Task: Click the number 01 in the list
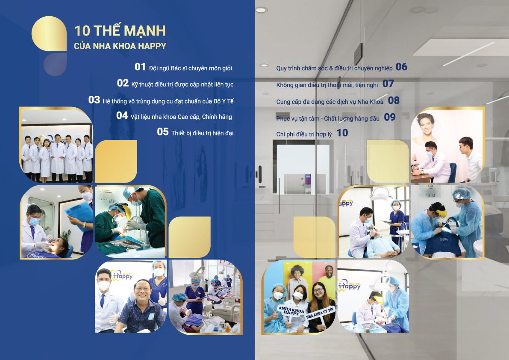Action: click(140, 67)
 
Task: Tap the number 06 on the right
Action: click(401, 67)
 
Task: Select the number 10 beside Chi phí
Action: click(342, 133)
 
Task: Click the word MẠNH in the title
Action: click(145, 31)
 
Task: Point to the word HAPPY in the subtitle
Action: click(152, 46)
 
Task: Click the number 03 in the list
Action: click(94, 100)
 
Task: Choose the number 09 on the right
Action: click(389, 117)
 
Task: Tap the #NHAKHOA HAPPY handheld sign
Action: click(291, 311)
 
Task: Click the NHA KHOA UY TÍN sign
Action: click(320, 313)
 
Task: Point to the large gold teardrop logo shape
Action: click(49, 34)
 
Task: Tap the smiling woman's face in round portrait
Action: click(425, 125)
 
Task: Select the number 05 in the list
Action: click(163, 131)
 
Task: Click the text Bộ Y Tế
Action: click(224, 101)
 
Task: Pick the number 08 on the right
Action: click(394, 100)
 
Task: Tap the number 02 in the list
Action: click(123, 83)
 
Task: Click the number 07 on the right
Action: click(388, 84)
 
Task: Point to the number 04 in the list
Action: click(122, 115)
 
